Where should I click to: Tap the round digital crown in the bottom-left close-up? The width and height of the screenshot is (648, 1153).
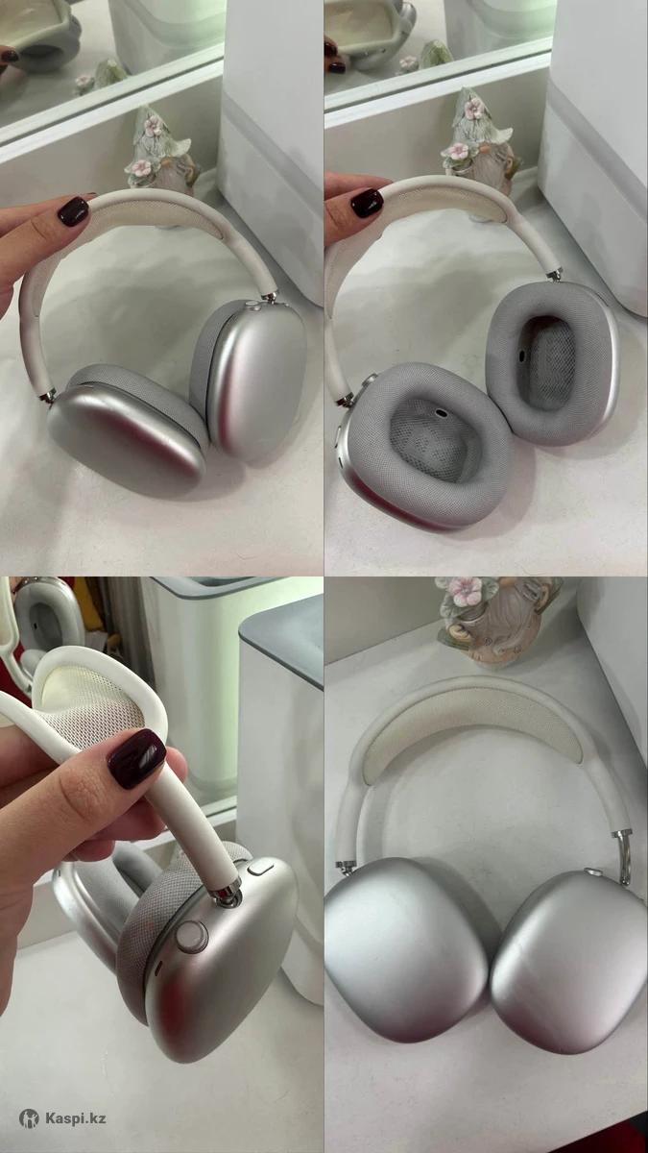(x=192, y=935)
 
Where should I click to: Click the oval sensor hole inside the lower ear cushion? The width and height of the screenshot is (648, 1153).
(x=441, y=412)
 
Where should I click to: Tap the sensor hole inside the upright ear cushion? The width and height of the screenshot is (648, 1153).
(x=521, y=355)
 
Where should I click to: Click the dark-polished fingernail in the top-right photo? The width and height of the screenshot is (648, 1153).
(x=367, y=204)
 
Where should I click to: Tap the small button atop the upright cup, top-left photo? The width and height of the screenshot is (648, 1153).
(x=254, y=307)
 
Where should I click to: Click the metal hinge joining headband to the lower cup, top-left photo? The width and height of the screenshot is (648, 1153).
(x=49, y=397)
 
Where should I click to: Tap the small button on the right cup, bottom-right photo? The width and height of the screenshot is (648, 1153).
(x=592, y=872)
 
